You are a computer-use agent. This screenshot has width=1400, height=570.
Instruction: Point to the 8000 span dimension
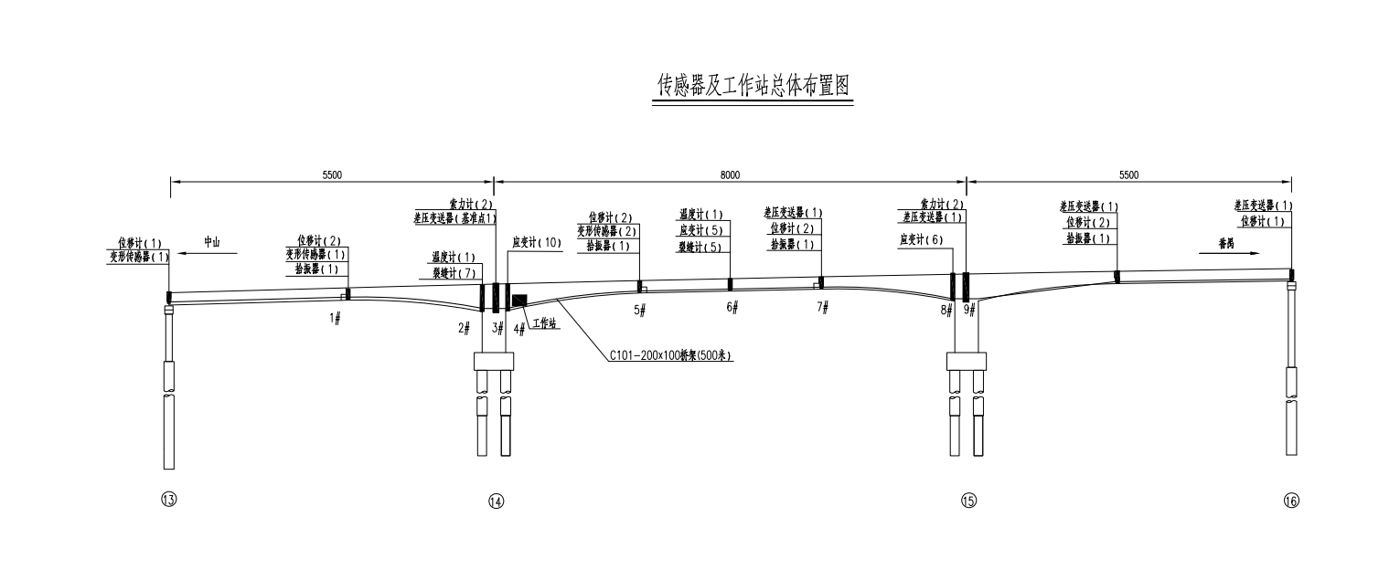pos(729,174)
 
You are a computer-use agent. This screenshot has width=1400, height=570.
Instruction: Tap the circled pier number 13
pos(168,500)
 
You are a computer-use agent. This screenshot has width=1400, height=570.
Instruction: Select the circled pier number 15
pos(968,501)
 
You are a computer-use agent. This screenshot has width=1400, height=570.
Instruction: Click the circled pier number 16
pos(1291,501)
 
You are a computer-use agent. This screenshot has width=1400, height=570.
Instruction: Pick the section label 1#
pos(335,318)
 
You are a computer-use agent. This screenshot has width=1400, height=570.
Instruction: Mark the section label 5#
pos(639,311)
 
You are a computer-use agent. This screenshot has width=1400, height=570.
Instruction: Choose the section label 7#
pos(823,307)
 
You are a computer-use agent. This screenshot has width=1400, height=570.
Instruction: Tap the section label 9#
pos(970,310)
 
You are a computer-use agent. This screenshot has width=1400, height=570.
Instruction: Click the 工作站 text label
pos(545,323)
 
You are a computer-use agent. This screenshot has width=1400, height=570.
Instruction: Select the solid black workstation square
pos(519,301)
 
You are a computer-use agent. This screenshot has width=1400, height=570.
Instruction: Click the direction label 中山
pos(212,242)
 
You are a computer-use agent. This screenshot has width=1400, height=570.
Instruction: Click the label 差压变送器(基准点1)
pos(455,218)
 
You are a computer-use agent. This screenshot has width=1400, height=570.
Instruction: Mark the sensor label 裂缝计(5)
pos(700,247)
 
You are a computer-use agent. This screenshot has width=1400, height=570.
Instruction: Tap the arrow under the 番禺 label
pos(1227,253)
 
